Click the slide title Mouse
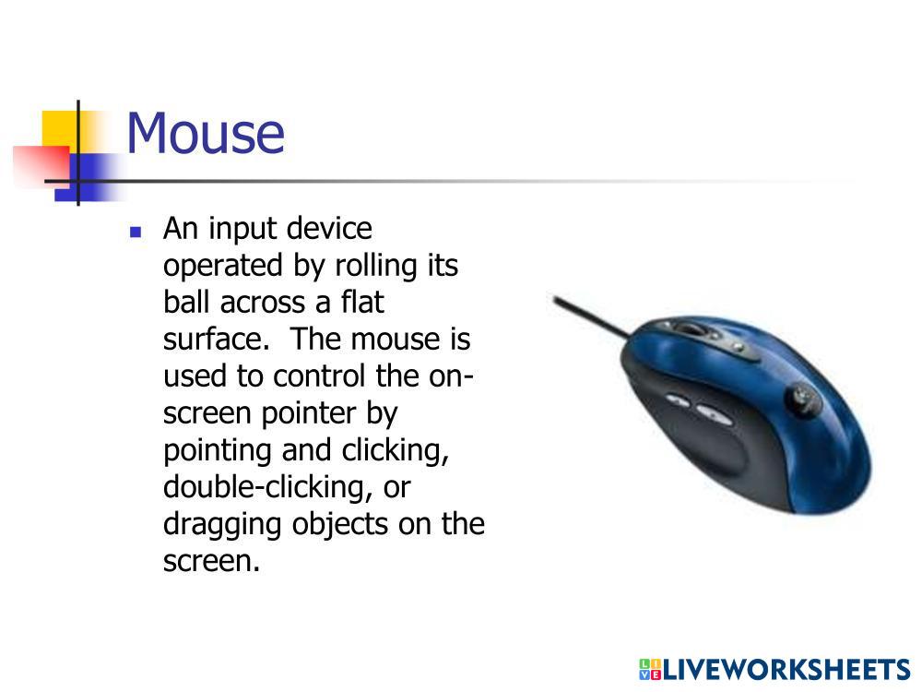pos(206,134)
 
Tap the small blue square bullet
pos(136,232)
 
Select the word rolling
pos(375,266)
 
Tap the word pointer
pos(309,414)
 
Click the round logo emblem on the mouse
pos(802,395)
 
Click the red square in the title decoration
pos(42,165)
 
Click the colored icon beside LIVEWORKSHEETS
pos(650,670)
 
